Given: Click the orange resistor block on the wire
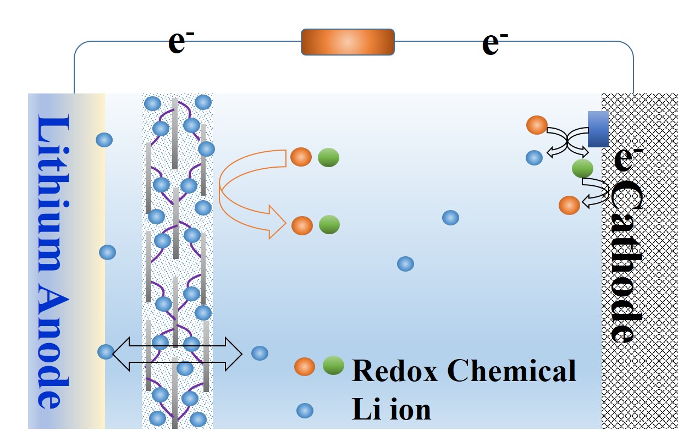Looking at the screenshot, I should coord(348,42).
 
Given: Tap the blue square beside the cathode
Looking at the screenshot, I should coord(598,129).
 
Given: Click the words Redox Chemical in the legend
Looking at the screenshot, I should coord(464,371).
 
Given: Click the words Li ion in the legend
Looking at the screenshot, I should coord(391,410).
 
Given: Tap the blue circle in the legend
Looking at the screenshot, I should coord(305,410).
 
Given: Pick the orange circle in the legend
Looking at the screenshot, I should coord(305,367).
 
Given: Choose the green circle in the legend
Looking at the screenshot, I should coord(333,365).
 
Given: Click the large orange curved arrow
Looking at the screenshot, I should coord(242,190).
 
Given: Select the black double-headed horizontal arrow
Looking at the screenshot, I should coord(177,353).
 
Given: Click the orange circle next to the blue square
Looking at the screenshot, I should coord(537,125).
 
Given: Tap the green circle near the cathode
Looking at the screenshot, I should coord(582,168).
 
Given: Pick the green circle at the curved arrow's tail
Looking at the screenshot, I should coord(328,158).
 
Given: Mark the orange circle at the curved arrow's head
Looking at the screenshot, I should coord(302,225).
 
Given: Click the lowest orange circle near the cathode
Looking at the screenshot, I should coord(569,205).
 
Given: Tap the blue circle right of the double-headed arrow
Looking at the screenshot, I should coord(260,353).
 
